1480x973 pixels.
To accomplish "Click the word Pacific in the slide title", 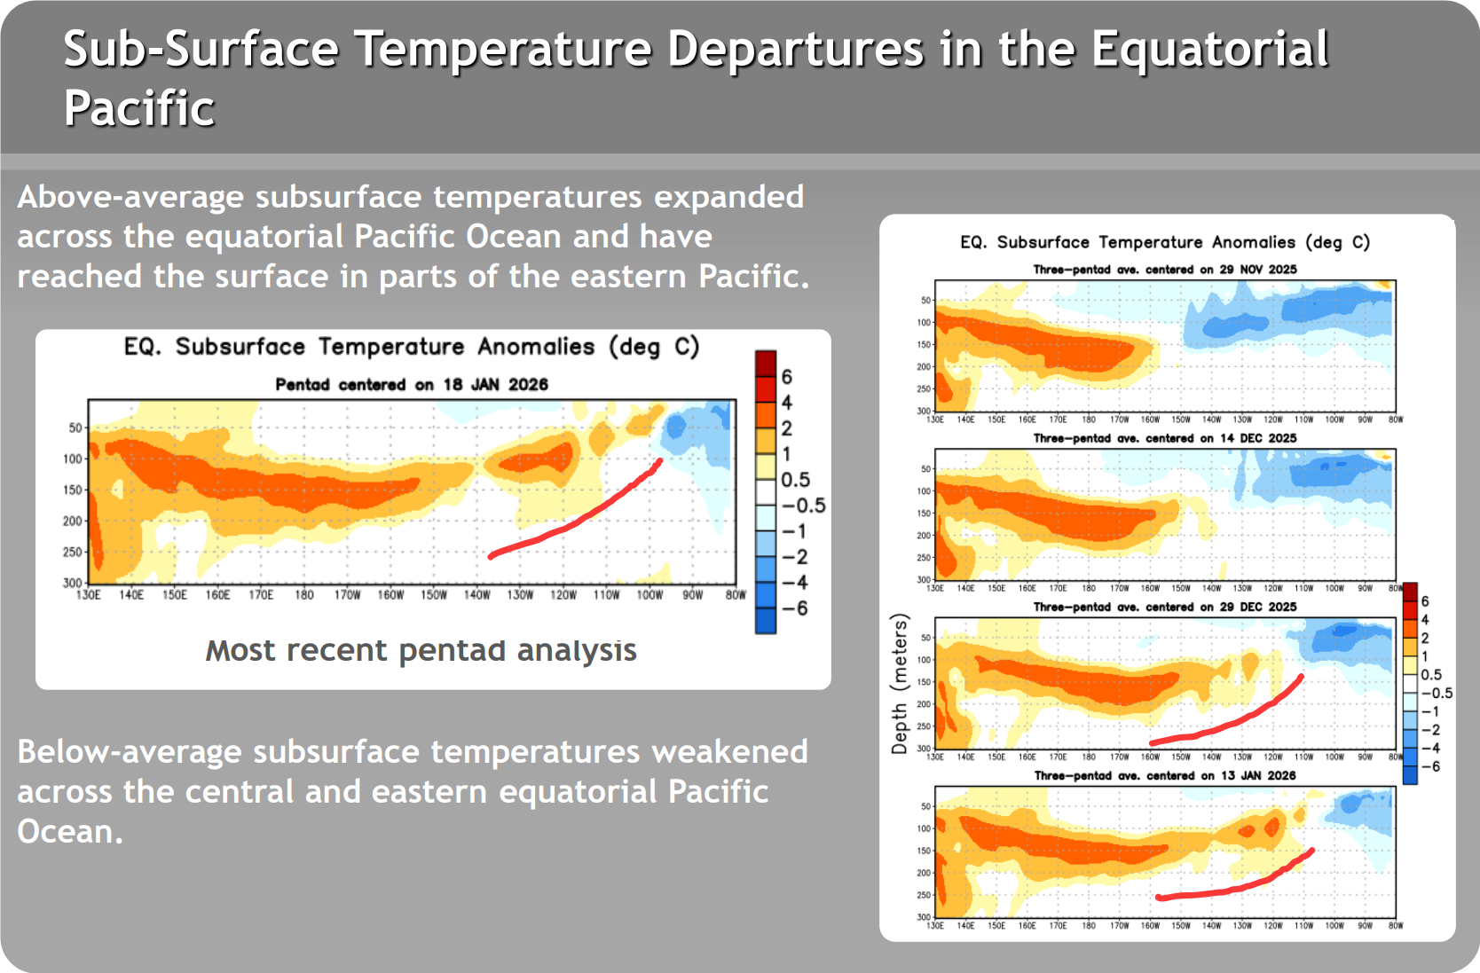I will (139, 109).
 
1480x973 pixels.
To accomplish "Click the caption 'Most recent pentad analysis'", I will (421, 651).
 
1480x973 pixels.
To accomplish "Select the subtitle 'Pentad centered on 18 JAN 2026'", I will (412, 385).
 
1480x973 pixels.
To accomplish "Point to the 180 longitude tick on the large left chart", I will (304, 595).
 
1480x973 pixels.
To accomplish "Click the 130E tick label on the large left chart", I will (89, 595).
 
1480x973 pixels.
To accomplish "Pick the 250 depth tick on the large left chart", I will (72, 553).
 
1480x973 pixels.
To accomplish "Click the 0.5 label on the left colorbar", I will (796, 480).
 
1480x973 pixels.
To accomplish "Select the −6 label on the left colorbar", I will (796, 608).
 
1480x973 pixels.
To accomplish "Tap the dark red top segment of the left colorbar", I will (766, 364).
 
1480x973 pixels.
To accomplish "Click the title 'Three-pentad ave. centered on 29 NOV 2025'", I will (1165, 270).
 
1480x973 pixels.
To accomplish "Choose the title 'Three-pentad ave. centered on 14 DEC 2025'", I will (1165, 438).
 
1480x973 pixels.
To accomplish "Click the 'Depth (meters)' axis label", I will (900, 684).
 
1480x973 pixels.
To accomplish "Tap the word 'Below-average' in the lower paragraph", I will (130, 752).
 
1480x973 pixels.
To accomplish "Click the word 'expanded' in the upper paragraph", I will (728, 197).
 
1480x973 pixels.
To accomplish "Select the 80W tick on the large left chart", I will (736, 595).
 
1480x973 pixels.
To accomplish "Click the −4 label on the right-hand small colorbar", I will (1430, 749).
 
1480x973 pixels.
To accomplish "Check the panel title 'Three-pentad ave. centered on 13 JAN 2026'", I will (1165, 776).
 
